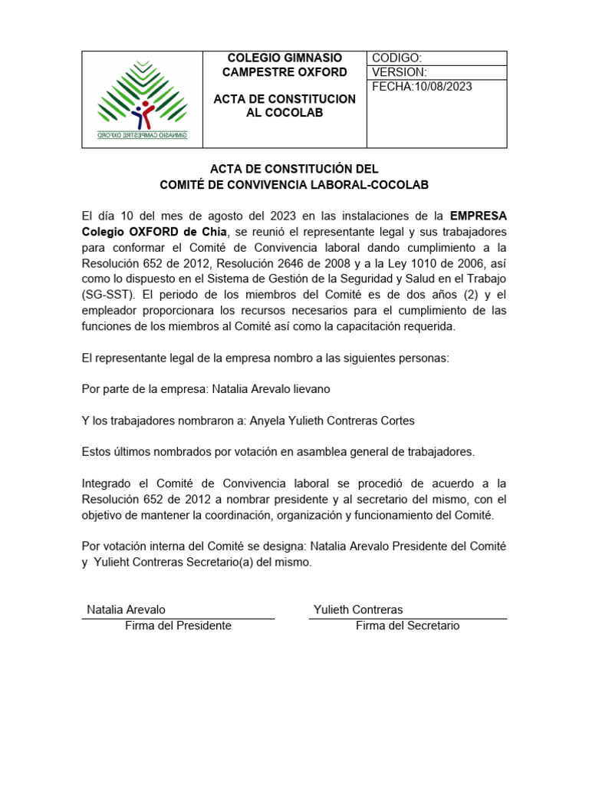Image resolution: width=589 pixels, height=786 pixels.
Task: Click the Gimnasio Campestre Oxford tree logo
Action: tap(142, 99)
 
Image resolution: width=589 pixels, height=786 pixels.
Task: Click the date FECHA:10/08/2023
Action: tap(422, 86)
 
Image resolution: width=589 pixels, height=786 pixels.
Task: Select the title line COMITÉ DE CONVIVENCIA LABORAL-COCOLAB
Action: tap(294, 184)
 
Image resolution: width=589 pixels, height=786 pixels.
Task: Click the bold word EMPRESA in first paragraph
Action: tap(478, 215)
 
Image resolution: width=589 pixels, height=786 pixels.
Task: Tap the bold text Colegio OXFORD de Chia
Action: tap(154, 231)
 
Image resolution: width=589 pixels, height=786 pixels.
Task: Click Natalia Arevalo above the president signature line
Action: tap(126, 609)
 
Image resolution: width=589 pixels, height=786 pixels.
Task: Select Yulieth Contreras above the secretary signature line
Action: tap(358, 609)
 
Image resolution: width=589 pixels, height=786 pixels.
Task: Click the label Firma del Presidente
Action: tap(178, 626)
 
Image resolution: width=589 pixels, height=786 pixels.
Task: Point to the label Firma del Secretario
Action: tap(407, 626)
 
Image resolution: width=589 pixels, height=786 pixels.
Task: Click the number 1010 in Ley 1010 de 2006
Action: tap(420, 263)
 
